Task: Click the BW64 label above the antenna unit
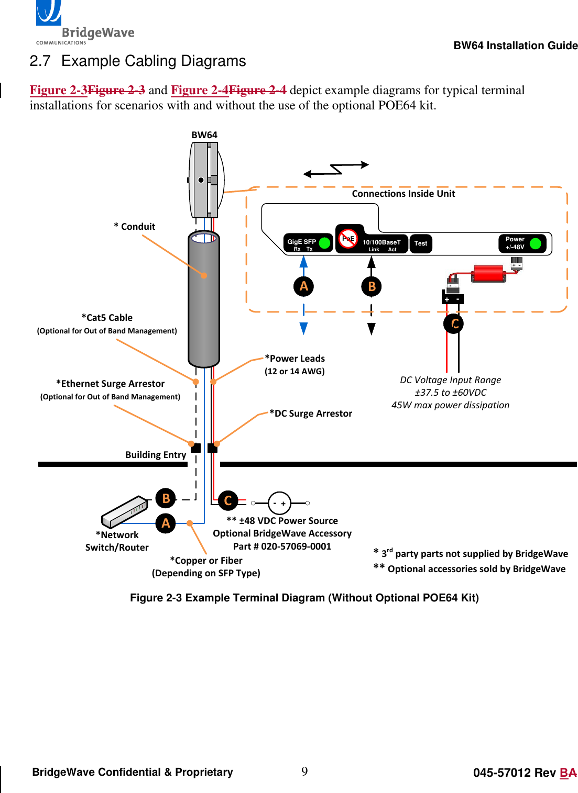coord(204,135)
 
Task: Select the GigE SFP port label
coord(302,242)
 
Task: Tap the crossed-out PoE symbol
coord(348,238)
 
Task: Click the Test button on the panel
coord(421,243)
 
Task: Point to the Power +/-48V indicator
coord(522,243)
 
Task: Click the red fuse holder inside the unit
coord(488,273)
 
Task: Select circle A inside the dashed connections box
coord(303,286)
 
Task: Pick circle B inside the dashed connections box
coord(372,286)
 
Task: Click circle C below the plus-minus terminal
coord(454,324)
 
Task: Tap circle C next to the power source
coord(227,501)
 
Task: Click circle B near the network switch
coord(166,498)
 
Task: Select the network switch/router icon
coord(125,511)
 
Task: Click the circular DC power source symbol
coord(279,504)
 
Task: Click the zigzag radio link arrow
coord(336,169)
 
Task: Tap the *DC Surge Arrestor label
coord(311,414)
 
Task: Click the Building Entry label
coord(156,455)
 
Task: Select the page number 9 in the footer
coord(304,771)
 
